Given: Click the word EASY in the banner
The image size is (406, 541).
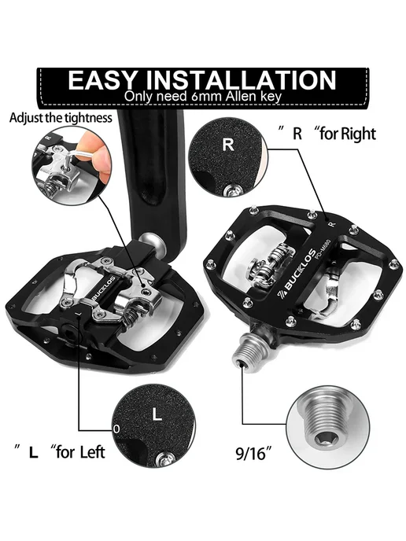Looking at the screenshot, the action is tap(103, 80).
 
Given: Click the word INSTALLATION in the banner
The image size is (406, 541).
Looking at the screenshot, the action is tap(241, 80).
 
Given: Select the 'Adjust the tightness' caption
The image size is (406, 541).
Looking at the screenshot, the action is tap(61, 118).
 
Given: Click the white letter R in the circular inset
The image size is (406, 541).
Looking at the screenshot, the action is tap(228, 145).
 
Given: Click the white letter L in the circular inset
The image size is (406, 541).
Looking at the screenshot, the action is tap(157, 414).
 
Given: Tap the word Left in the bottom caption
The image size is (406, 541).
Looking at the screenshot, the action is tap(92, 452).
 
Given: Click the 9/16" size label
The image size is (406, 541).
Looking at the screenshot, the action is tap(254, 453).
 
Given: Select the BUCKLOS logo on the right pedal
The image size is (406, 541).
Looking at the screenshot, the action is tap(296, 274).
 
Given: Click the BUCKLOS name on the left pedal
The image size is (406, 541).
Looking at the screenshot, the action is tap(105, 288).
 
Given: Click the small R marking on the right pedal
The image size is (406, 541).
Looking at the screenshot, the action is tap(332, 224).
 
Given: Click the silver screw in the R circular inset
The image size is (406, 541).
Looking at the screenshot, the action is tap(231, 190).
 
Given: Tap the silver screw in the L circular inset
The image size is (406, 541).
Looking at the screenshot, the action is tap(163, 458).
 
